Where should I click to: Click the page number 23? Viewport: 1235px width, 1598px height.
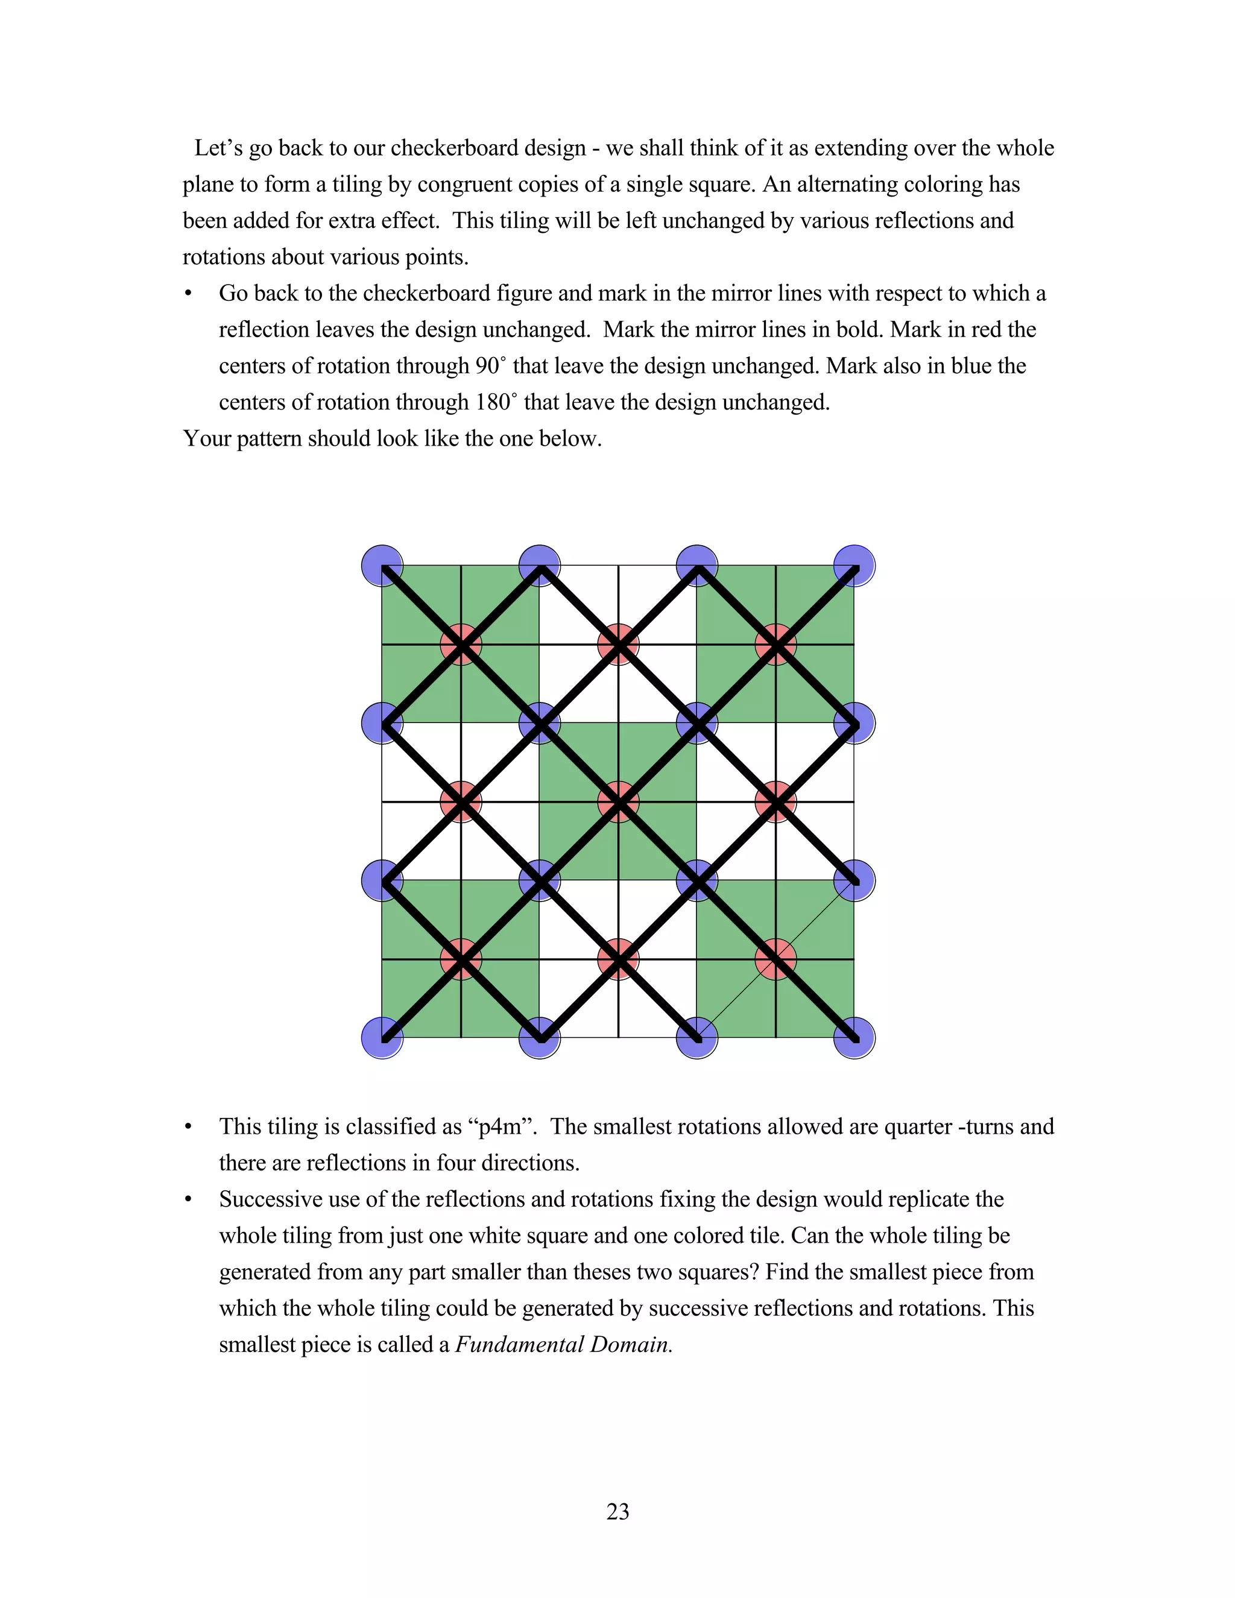(x=617, y=1511)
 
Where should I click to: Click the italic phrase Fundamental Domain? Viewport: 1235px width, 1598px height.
(x=563, y=1344)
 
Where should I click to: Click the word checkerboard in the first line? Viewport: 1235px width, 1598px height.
(x=488, y=148)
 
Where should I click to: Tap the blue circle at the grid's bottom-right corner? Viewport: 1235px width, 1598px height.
(x=854, y=1038)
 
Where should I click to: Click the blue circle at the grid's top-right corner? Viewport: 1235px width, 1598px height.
(x=854, y=566)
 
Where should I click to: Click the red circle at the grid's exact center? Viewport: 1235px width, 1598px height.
(x=619, y=802)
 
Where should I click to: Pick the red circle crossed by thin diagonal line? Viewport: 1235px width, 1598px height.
(x=775, y=959)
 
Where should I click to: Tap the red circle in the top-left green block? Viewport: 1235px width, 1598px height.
(x=461, y=645)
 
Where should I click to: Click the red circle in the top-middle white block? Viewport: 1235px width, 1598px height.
(x=619, y=645)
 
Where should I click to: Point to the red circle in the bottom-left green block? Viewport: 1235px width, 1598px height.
(x=461, y=959)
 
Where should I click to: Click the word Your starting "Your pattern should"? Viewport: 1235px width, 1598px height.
(x=206, y=438)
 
